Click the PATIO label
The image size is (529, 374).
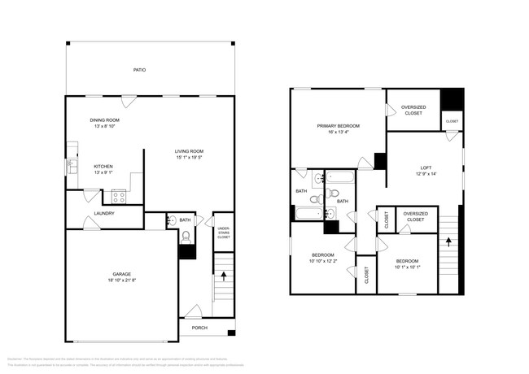[139, 71]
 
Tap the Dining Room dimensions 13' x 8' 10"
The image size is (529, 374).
[106, 126]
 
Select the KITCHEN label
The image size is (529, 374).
[103, 166]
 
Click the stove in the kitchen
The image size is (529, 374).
[119, 196]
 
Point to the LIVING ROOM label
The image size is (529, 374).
[189, 151]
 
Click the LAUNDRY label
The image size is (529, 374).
[104, 214]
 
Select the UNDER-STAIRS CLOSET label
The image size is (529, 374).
[223, 233]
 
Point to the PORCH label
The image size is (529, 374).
[199, 328]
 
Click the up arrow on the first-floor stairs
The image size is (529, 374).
[224, 276]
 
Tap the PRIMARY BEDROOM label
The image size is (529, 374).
[339, 126]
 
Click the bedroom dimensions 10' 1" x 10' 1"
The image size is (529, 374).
[407, 267]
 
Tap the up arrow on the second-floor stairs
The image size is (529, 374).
[448, 241]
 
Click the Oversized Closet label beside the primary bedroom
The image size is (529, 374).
[413, 110]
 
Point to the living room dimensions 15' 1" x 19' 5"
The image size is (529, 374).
[189, 159]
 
